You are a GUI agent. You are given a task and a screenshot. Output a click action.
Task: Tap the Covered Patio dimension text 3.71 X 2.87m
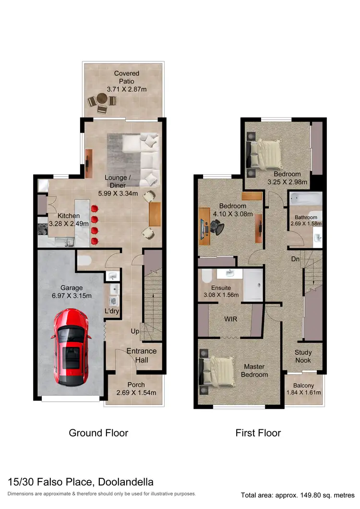(126, 89)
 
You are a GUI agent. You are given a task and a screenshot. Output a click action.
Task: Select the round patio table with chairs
(102, 101)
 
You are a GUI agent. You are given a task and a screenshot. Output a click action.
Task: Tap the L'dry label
(112, 311)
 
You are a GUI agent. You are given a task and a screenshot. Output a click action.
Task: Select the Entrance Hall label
(141, 355)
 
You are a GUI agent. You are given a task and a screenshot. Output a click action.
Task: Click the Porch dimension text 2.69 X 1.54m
(136, 393)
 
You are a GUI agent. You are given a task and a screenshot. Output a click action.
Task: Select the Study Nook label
(302, 356)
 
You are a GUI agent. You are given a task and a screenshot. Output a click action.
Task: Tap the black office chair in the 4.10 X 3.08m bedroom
(219, 227)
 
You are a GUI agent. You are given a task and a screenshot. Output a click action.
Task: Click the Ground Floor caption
(98, 433)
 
